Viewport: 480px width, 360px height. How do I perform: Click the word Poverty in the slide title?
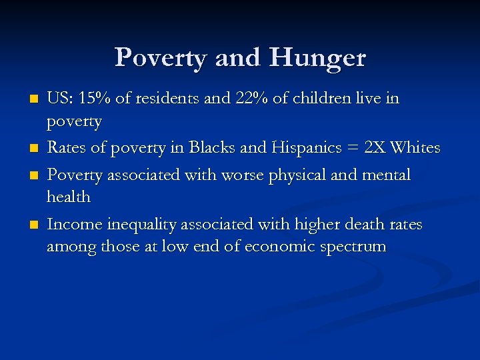click(161, 58)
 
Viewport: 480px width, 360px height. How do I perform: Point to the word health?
click(68, 197)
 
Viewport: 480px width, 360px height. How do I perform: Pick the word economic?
click(275, 247)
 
